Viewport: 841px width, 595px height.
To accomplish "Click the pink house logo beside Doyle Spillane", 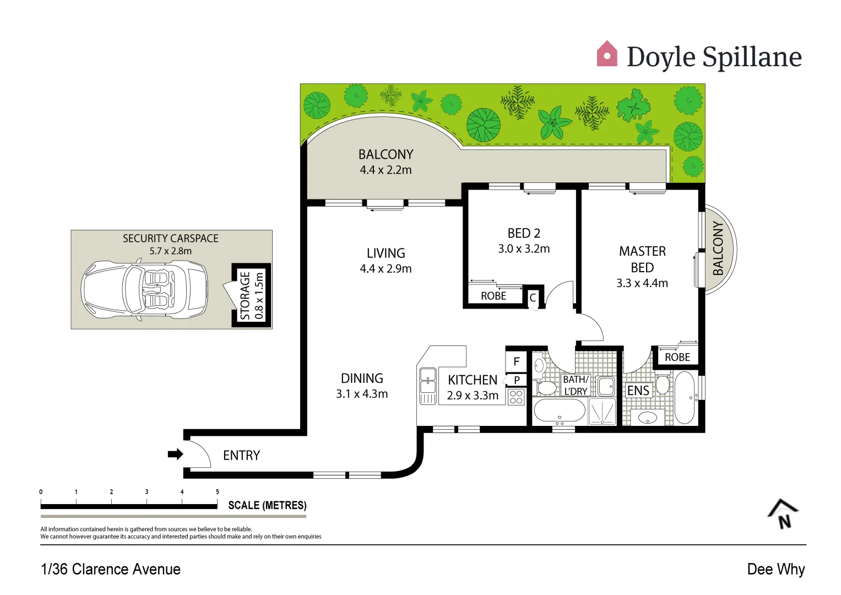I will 607,54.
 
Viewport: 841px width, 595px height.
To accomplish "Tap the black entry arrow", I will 175,455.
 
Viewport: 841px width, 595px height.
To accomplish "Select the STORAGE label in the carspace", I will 245,296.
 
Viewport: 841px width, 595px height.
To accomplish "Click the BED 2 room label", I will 524,233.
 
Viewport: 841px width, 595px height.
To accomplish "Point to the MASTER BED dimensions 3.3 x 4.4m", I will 642,283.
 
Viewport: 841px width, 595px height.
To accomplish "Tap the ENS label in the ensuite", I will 638,391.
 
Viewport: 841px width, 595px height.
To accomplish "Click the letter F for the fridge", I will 517,362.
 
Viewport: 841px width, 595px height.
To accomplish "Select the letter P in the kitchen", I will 517,380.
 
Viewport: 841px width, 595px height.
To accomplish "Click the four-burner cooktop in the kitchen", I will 516,397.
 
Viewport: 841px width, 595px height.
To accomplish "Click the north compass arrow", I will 783,514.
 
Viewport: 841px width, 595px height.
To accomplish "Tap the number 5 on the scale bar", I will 217,492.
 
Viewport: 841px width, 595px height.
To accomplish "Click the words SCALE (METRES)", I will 267,505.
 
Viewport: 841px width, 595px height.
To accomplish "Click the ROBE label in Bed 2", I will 493,296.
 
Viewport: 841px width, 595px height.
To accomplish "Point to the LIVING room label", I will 386,253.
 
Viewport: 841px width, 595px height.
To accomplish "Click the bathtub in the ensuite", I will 685,397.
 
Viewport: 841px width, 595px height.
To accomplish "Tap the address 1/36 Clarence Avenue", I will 111,569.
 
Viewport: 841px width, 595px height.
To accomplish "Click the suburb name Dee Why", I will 775,569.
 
